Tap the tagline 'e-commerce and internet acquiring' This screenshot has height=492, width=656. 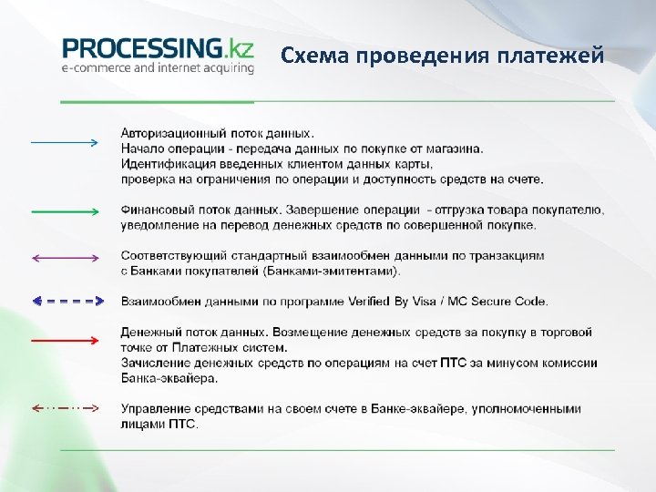click(x=158, y=68)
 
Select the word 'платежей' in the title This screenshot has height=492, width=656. click(x=550, y=56)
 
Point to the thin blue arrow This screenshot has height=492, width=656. click(x=64, y=143)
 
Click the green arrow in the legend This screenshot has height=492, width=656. click(x=64, y=211)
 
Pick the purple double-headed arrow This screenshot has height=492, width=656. click(x=64, y=258)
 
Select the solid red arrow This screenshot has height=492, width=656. click(x=64, y=340)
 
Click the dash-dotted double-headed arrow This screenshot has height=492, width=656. click(x=64, y=406)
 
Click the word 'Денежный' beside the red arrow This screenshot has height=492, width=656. click(x=149, y=333)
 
